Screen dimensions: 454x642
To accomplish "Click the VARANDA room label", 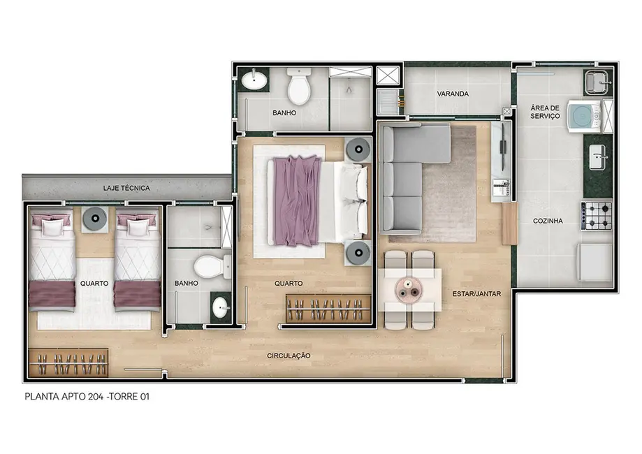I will [453, 94].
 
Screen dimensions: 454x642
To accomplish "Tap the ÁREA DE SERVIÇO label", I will [545, 112].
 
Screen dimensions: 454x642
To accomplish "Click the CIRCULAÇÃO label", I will [289, 356].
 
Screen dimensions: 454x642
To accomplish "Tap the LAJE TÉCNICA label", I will [126, 188].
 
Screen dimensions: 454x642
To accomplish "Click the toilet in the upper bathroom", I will [300, 87].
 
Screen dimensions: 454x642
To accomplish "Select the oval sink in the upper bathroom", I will [254, 82].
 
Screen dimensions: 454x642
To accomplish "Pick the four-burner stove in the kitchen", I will [597, 216].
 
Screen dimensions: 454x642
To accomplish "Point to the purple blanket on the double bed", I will [296, 200].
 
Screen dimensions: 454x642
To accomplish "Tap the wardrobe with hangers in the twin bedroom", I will [68, 363].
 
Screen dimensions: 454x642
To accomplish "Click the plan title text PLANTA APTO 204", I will [87, 396].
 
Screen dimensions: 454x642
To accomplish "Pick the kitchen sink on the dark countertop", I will [598, 157].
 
